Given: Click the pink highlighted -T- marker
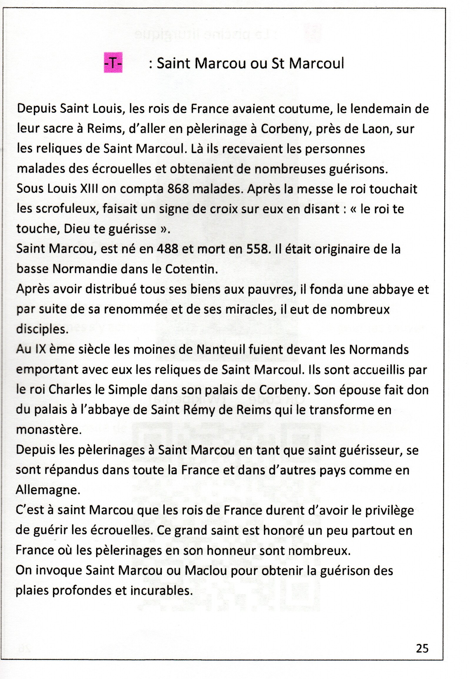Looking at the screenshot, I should tap(113, 63).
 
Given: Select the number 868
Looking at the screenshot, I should tap(178, 189).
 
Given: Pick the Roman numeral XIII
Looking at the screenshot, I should tap(89, 189).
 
